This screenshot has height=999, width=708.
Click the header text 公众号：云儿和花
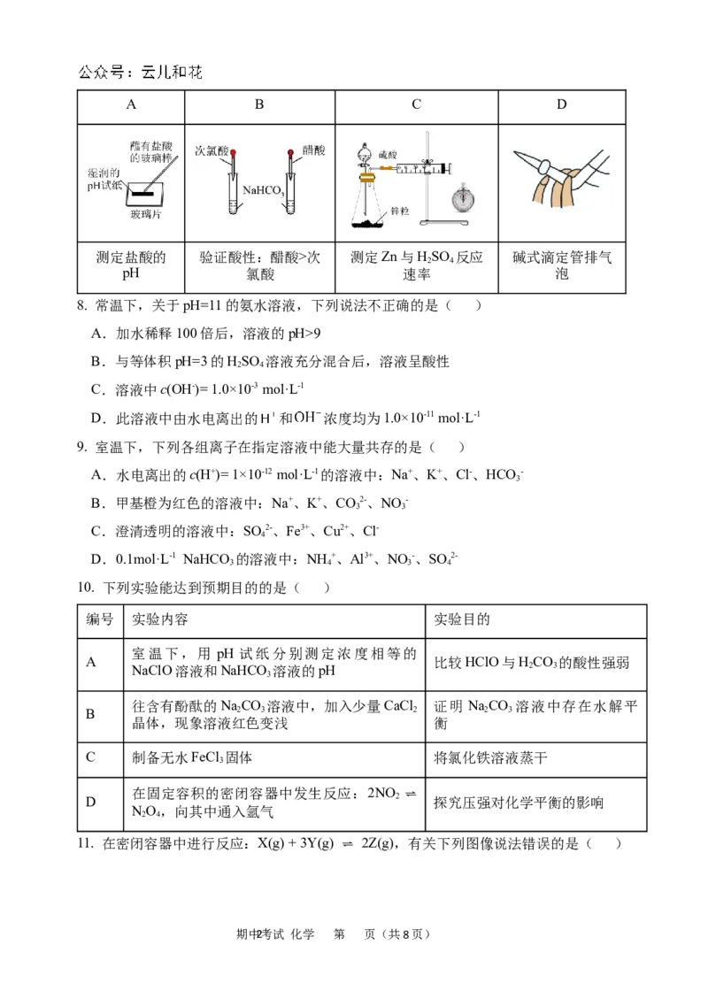141,73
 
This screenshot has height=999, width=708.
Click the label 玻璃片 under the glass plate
145,214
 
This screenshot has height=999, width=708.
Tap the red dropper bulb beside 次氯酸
235,154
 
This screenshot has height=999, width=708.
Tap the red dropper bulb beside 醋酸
289,154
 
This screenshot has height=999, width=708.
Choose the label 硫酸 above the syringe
387,153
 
